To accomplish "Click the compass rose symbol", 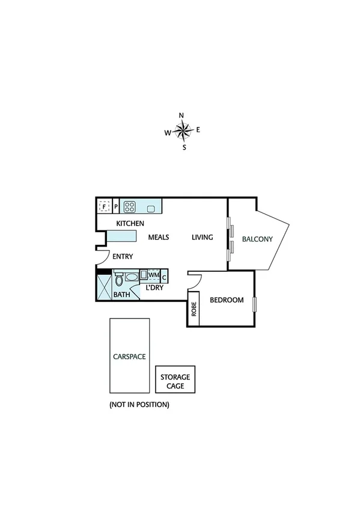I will pyautogui.click(x=183, y=131).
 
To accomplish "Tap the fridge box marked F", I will pyautogui.click(x=104, y=207).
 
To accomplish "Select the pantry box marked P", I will pyautogui.click(x=115, y=207).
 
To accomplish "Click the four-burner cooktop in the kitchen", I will pyautogui.click(x=129, y=207).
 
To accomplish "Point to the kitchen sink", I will pyautogui.click(x=150, y=209).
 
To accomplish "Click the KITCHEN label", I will pyautogui.click(x=130, y=224).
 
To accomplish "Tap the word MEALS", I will pyautogui.click(x=159, y=238).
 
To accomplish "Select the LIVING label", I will pyautogui.click(x=203, y=238).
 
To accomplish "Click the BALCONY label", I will pyautogui.click(x=257, y=239).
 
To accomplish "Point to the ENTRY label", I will pyautogui.click(x=123, y=257).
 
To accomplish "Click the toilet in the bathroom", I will pyautogui.click(x=118, y=280).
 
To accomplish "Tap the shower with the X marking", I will pyautogui.click(x=104, y=287).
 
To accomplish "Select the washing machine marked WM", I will pyautogui.click(x=154, y=275).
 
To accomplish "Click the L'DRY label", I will pyautogui.click(x=154, y=287).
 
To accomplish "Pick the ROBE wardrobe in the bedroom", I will pyautogui.click(x=194, y=309).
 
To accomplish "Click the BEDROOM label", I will pyautogui.click(x=226, y=300).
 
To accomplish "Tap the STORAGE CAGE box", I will pyautogui.click(x=175, y=381).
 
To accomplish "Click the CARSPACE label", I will pyautogui.click(x=129, y=356).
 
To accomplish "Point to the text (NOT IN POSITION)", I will pyautogui.click(x=139, y=405).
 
